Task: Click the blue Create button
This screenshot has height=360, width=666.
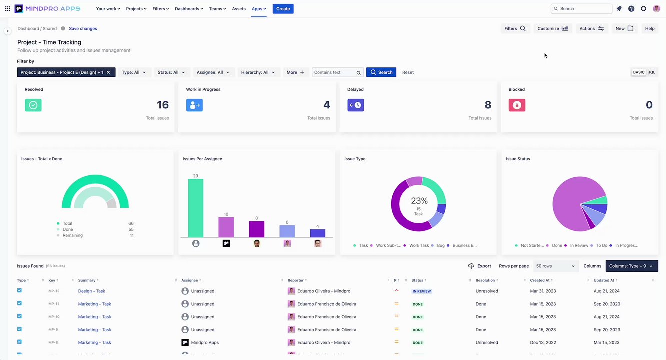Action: (283, 9)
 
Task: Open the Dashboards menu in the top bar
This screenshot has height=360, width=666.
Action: (189, 9)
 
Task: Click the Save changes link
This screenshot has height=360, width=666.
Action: (83, 29)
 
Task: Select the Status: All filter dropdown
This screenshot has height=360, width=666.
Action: (171, 72)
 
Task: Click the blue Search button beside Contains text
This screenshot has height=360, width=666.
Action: (381, 72)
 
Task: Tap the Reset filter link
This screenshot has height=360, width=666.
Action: (408, 72)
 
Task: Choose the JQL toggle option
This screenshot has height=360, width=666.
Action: (651, 72)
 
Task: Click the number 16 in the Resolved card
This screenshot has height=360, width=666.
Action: (163, 105)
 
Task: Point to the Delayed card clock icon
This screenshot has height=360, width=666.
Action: (356, 105)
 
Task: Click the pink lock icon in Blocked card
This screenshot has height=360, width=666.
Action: (517, 105)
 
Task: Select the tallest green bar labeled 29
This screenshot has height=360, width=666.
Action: (195, 208)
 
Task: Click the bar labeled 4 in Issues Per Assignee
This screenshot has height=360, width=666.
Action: (317, 233)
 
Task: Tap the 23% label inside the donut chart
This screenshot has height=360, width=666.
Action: (419, 201)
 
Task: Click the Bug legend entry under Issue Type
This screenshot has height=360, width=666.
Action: (440, 246)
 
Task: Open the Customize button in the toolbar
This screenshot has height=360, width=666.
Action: (552, 29)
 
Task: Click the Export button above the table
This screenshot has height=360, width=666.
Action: (479, 266)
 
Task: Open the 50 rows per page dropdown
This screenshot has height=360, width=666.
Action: (555, 266)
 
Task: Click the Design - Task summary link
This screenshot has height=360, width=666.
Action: (91, 291)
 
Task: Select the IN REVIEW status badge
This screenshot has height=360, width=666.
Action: (421, 291)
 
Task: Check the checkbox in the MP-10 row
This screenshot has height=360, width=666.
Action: (20, 316)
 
